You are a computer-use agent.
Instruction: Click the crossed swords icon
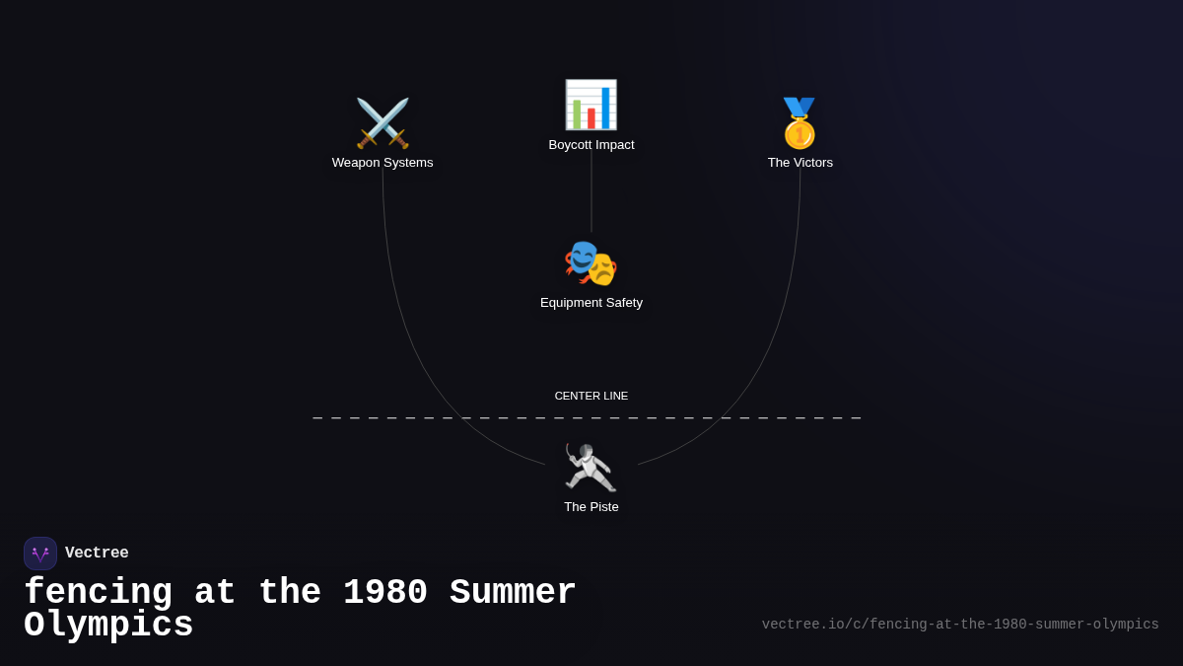(383, 123)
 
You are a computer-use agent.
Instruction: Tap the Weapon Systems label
(383, 163)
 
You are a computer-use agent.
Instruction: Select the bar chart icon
(591, 105)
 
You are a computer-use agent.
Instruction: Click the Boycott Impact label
(591, 145)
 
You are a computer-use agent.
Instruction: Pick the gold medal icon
(800, 123)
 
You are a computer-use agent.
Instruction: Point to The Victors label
(800, 163)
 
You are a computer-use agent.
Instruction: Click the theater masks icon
(591, 263)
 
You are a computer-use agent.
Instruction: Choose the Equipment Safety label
(591, 303)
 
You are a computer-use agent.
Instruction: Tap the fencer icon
(591, 468)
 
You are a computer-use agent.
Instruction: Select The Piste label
(591, 507)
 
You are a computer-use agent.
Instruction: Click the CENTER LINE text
(591, 396)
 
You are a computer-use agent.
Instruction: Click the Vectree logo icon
(40, 554)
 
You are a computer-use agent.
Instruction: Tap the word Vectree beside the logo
(97, 554)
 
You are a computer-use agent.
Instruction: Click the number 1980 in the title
(385, 593)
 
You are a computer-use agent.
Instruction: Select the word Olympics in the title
(108, 626)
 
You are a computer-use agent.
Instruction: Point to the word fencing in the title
(98, 593)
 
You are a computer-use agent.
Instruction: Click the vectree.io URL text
(960, 625)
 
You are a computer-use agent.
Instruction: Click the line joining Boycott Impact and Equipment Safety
(591, 192)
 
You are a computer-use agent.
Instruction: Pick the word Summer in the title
(513, 593)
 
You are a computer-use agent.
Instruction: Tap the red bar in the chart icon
(591, 118)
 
